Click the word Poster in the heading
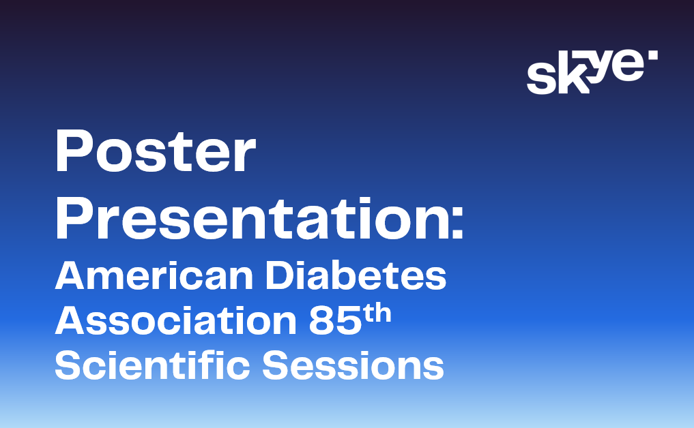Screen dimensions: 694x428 tap(156, 151)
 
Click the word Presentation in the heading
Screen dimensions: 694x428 tap(252, 218)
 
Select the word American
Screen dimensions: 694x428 tap(154, 275)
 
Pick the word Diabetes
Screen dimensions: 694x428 tap(356, 275)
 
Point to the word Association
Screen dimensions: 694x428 tap(175, 320)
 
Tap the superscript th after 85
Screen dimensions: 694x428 tap(377, 314)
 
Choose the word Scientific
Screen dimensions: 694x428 tap(152, 365)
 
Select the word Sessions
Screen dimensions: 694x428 tap(353, 365)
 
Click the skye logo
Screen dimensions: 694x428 tap(592, 72)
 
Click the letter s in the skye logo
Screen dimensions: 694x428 tap(541, 78)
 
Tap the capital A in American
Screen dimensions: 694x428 tap(70, 276)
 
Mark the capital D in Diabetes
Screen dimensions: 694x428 tap(280, 275)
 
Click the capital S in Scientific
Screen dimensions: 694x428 tap(68, 365)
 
